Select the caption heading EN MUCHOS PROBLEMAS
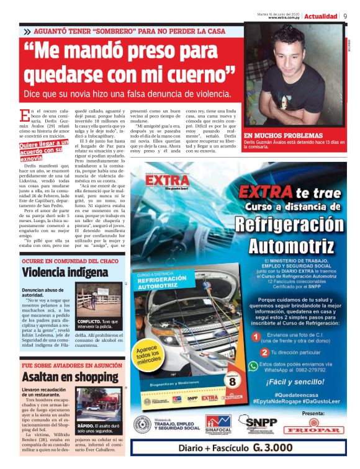(x=275, y=135)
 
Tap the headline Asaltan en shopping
(x=64, y=375)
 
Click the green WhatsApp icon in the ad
(x=253, y=366)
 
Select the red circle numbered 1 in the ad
(x=254, y=337)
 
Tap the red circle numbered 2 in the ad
(x=254, y=352)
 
